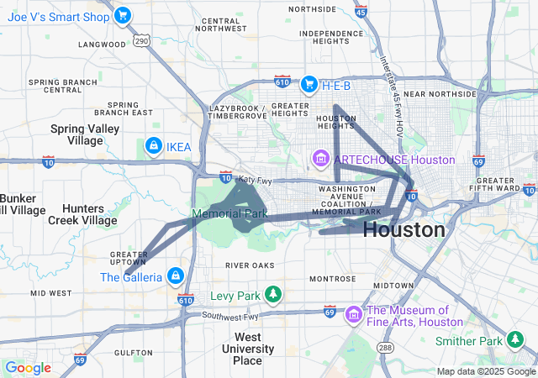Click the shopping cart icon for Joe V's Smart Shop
click(123, 14)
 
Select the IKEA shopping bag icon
click(153, 147)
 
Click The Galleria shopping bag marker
click(176, 276)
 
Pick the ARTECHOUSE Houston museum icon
click(320, 158)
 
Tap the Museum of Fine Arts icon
click(355, 315)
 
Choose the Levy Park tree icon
click(272, 294)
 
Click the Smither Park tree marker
click(514, 339)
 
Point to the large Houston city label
click(404, 229)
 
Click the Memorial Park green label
click(229, 214)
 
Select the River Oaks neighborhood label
click(250, 265)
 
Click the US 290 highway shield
click(140, 40)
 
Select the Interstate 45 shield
click(361, 12)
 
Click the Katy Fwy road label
click(256, 178)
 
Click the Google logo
click(27, 368)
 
